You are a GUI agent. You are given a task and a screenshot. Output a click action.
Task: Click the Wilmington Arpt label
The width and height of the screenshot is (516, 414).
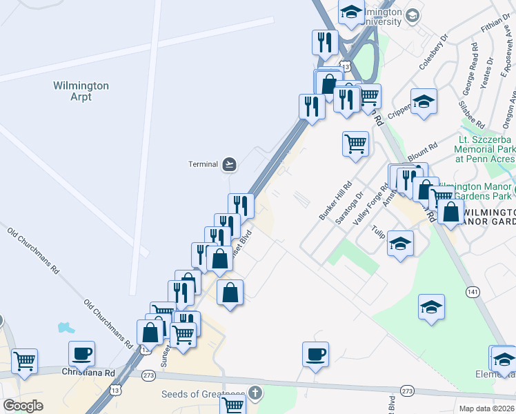[x=81, y=91]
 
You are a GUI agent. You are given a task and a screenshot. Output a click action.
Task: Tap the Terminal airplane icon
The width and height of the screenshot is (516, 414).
[x=230, y=164]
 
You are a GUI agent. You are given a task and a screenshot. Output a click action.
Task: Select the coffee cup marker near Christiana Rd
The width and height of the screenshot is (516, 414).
[x=81, y=353]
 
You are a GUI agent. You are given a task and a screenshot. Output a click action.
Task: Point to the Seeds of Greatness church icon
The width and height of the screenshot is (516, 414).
[x=256, y=394]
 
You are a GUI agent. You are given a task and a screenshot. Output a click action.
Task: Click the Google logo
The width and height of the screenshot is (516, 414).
[x=23, y=406]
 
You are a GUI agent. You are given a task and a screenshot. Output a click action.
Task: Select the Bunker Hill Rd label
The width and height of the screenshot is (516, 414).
[x=336, y=201]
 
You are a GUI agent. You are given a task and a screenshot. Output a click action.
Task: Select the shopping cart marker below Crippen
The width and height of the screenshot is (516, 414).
[x=355, y=144]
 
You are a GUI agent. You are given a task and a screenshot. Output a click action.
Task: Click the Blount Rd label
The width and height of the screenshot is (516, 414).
[x=423, y=152]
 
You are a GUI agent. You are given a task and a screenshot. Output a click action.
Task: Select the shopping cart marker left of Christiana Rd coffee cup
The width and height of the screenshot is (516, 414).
[x=24, y=360]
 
